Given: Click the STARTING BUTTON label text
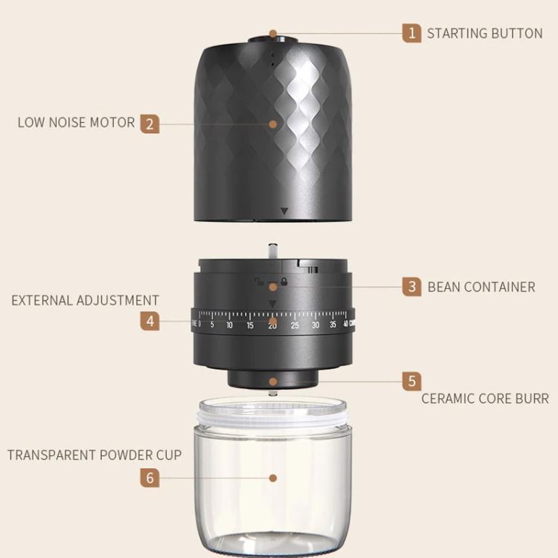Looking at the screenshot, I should point(484,33).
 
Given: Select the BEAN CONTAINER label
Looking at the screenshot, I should point(481,286).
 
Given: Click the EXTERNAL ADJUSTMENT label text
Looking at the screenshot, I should point(85,301).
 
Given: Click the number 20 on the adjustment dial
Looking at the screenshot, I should point(272,325).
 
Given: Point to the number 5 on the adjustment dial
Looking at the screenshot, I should point(212,325).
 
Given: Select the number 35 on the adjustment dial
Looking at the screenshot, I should point(333,325).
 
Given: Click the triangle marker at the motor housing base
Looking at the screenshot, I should point(283,212).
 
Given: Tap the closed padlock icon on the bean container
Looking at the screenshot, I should point(284,282).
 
